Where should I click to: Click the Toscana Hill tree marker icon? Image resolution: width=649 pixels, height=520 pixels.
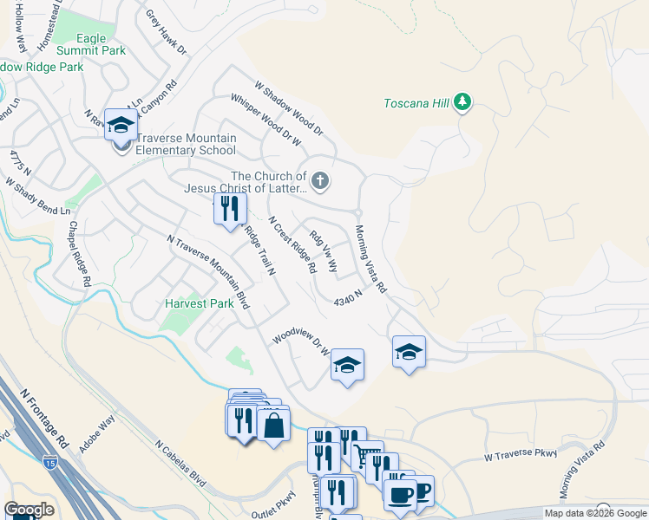463,103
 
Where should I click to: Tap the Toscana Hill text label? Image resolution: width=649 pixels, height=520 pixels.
416,104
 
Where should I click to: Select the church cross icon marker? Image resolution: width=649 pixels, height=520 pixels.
320,181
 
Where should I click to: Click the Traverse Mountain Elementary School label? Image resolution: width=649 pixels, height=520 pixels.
174,143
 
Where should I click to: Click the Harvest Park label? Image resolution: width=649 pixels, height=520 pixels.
200,304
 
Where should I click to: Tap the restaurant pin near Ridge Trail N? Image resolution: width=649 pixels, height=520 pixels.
230,209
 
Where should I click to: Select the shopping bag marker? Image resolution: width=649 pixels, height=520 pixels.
273,426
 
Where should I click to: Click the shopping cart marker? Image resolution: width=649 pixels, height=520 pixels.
367,456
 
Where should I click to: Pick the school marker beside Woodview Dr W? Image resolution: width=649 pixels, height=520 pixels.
346,365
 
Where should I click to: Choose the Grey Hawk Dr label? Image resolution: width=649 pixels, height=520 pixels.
166,32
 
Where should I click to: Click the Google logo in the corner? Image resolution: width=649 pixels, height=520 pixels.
29,510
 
